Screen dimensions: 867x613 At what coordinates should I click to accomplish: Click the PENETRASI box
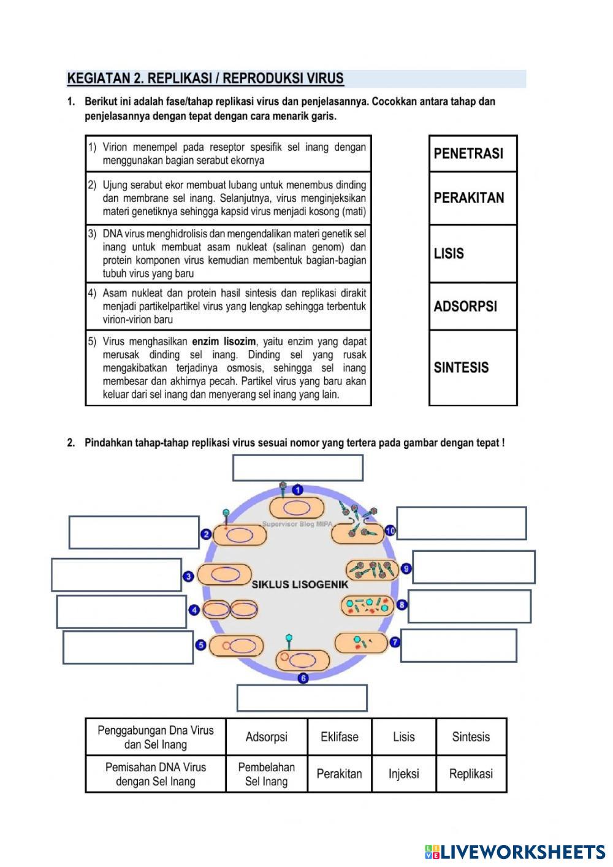pos(473,153)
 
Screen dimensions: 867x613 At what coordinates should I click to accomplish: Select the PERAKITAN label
pos(473,198)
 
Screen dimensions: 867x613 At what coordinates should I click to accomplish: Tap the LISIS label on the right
pos(473,253)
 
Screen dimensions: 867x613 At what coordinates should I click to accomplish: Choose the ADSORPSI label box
pos(473,306)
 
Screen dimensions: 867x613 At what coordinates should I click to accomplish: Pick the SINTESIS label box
pos(473,367)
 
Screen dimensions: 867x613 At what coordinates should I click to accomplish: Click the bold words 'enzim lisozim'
pos(224,342)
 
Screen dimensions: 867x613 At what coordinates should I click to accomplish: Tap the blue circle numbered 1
pos(297,489)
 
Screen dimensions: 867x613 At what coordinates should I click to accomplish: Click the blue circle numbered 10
pos(390,530)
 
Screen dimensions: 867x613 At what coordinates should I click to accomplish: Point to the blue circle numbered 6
pos(303,678)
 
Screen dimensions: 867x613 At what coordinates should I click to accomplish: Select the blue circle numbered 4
pos(194,609)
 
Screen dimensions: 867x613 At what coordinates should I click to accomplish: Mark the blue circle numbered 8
pos(402,605)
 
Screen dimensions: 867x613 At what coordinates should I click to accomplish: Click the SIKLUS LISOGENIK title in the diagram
pos(300,584)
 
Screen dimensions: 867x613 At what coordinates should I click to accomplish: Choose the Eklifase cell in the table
pos(339,736)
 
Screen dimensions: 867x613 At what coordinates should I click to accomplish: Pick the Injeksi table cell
pos(403,774)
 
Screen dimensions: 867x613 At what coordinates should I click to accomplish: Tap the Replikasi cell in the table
pos(471,774)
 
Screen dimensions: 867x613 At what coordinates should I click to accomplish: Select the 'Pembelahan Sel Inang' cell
pos(266,774)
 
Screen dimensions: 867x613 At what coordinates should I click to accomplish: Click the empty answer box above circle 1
pos(298,468)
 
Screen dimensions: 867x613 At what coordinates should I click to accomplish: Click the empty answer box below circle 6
pos(302,698)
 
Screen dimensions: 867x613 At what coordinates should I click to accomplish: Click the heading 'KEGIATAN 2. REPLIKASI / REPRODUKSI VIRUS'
pos(205,78)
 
